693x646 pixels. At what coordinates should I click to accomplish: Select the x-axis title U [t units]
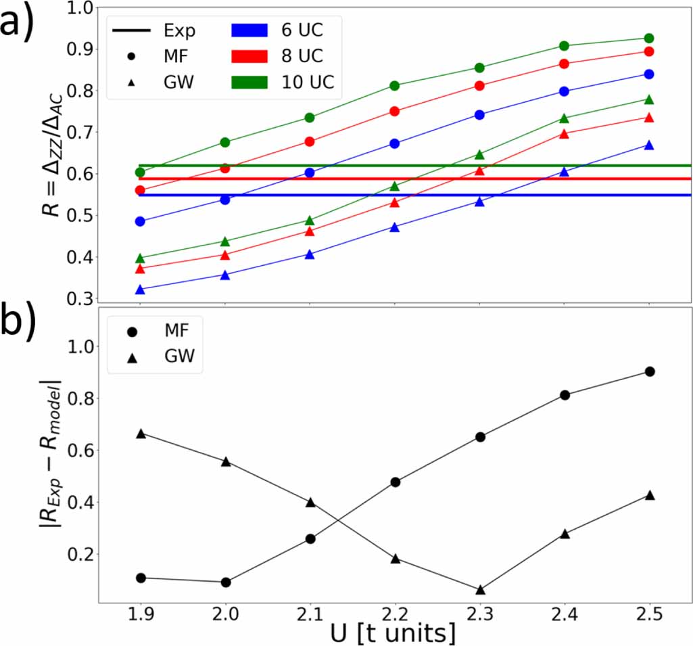[x=393, y=634]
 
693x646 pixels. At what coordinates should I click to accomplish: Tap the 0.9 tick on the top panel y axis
[x=80, y=49]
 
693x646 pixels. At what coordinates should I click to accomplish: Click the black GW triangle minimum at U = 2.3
[x=480, y=590]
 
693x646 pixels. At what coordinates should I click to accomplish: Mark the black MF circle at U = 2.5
[x=650, y=371]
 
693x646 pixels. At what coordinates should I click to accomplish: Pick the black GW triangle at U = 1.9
[x=141, y=433]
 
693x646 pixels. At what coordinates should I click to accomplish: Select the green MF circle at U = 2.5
[x=649, y=38]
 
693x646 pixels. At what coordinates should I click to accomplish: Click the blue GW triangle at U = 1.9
[x=141, y=290]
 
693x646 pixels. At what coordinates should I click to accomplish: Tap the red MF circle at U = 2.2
[x=395, y=111]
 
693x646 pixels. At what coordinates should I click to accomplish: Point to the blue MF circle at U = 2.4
[x=565, y=91]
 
